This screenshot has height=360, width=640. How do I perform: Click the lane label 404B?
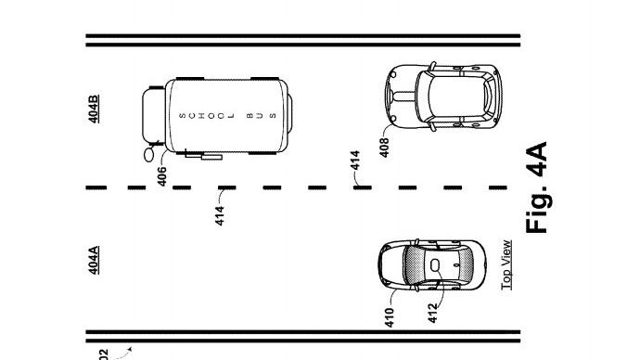(95, 109)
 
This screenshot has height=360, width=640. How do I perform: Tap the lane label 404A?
(94, 260)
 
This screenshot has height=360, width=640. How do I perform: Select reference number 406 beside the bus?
(161, 176)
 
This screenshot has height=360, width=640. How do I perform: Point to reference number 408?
(384, 147)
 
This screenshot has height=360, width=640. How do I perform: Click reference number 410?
(390, 318)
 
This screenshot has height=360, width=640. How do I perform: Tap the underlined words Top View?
(506, 265)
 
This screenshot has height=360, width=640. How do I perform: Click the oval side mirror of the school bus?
(147, 155)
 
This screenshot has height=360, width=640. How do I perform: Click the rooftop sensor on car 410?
(435, 264)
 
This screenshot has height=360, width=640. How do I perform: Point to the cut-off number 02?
(103, 354)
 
